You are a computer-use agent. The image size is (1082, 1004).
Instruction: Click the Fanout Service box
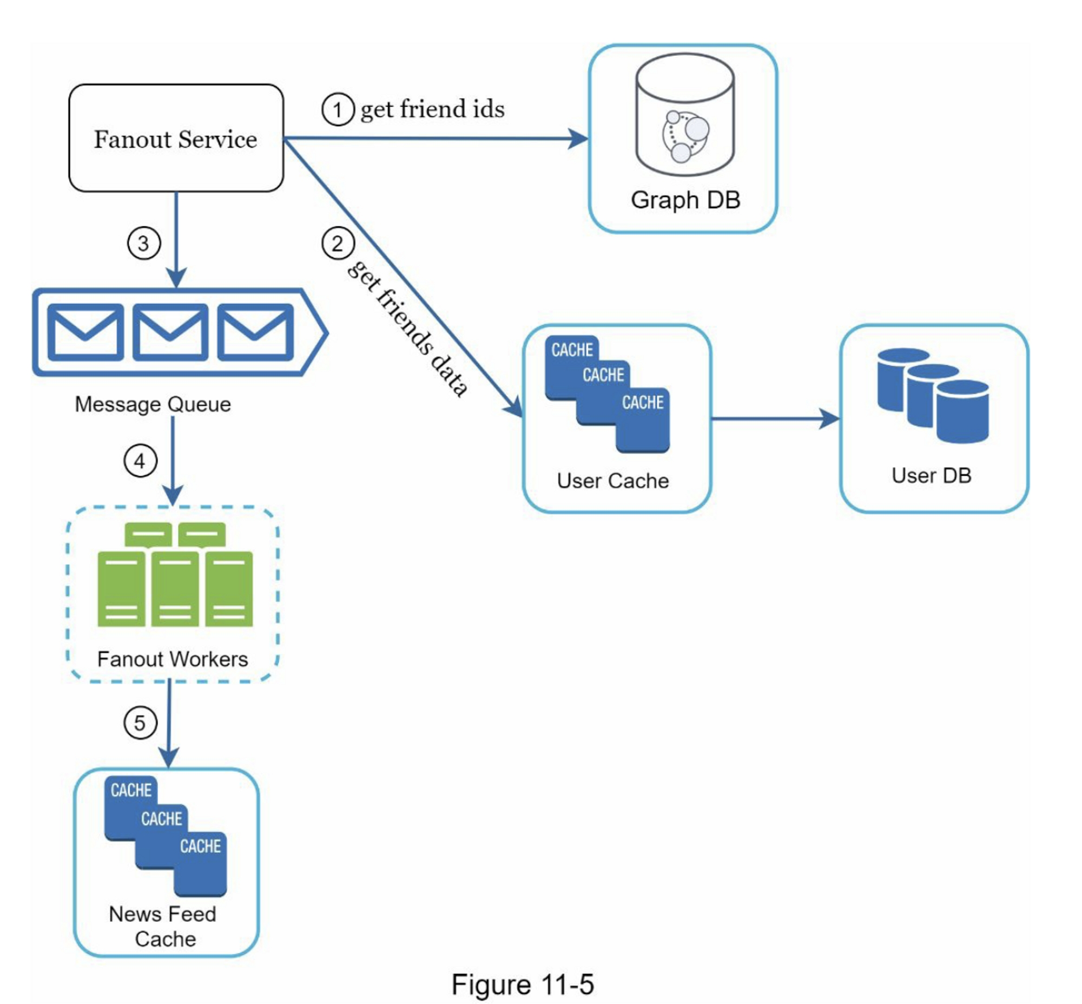pos(175,138)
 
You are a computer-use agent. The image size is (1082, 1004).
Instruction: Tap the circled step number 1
pos(337,110)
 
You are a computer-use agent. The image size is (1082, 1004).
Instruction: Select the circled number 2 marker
pos(337,244)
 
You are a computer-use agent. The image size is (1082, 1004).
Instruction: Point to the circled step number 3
pos(143,244)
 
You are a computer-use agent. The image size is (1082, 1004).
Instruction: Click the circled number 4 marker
pos(140,461)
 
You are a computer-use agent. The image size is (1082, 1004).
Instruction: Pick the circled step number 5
pos(140,723)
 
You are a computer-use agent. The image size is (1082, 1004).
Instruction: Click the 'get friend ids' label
pos(432,109)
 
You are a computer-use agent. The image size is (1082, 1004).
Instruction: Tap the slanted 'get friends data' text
pos(407,329)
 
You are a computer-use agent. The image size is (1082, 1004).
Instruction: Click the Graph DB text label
pos(685,200)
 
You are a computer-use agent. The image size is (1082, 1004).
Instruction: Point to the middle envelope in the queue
pos(170,332)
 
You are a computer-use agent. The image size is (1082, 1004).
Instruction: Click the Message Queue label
pos(153,404)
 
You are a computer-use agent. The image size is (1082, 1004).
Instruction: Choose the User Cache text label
pos(613,481)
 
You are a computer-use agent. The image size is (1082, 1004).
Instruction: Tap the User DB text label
pos(931,475)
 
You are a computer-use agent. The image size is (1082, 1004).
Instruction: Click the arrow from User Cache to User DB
pos(775,419)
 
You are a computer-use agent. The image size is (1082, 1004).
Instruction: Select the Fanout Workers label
pos(172,659)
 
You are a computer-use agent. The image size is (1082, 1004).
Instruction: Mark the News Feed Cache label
pos(163,926)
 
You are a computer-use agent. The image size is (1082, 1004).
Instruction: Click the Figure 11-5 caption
pos(523,984)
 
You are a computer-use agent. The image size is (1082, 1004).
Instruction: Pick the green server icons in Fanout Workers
pos(175,575)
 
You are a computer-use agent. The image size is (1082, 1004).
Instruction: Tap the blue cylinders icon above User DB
pos(932,396)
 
